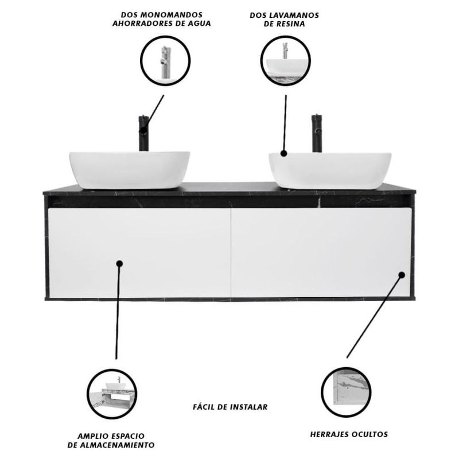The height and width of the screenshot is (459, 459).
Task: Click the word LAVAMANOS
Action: tap(295, 15)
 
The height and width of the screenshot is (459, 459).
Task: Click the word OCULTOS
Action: tap(369, 434)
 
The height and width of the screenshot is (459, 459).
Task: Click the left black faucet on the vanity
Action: tap(144, 133)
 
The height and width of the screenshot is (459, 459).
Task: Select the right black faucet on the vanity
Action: tap(317, 133)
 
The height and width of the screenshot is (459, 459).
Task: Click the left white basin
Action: tap(130, 170)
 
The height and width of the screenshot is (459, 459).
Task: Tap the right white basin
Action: tap(330, 170)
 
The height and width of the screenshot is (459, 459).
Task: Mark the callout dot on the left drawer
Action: tap(119, 264)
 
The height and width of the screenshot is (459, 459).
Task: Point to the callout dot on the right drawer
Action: tap(402, 275)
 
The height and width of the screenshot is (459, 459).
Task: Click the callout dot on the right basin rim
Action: tap(283, 153)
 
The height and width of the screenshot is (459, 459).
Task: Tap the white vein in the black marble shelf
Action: tap(320, 201)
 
